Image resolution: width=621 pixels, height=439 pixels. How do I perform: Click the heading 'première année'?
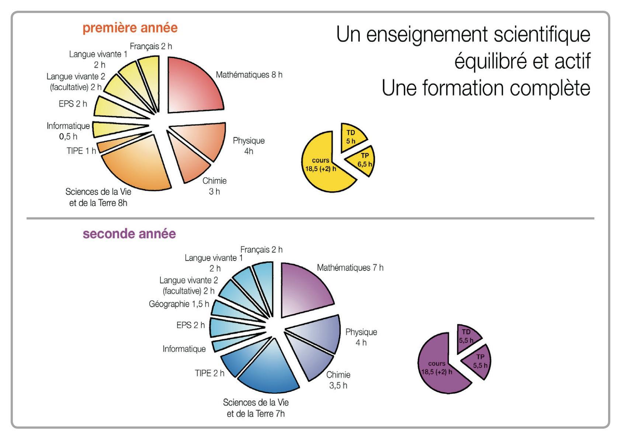point(130,28)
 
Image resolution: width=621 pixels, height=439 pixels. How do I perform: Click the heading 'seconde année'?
point(129,234)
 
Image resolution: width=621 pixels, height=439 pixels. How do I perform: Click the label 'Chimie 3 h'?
point(214,186)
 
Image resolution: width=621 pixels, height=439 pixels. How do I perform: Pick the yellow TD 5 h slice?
point(351,137)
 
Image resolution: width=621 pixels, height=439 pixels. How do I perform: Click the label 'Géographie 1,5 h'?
point(179,304)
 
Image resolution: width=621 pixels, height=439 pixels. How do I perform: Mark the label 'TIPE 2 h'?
point(209,373)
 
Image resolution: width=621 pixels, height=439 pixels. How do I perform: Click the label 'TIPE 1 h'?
point(81,151)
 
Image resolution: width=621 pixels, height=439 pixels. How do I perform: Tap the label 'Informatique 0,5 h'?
point(68,131)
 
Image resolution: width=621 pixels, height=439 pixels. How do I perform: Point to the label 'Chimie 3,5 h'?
point(338,380)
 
